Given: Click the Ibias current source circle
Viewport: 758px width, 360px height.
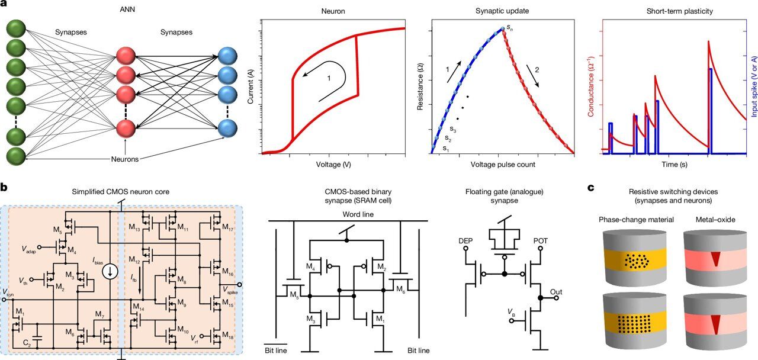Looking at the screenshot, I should (x=110, y=272).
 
